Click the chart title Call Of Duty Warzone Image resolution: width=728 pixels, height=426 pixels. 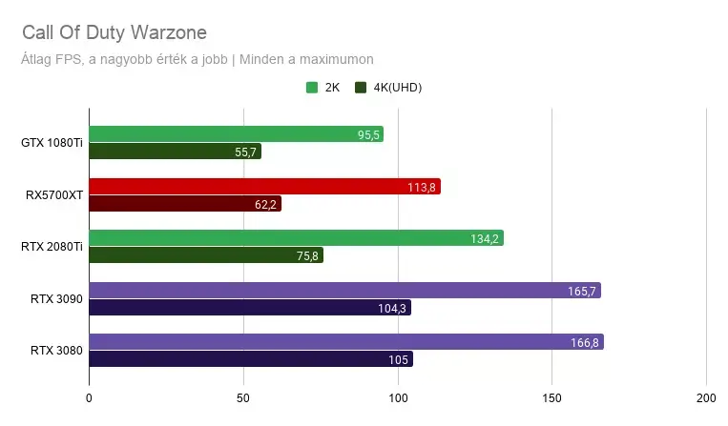[114, 33]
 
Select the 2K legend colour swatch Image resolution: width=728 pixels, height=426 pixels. [312, 87]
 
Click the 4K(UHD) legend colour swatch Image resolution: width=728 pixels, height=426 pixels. [361, 87]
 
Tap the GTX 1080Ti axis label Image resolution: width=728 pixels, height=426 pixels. [52, 143]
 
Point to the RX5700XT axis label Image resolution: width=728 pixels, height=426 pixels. [54, 195]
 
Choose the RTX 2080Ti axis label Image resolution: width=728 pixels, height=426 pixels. [52, 247]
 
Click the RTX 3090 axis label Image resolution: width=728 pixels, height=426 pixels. [56, 299]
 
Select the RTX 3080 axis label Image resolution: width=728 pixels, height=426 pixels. [56, 351]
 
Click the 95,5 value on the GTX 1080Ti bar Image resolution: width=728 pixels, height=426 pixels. [368, 135]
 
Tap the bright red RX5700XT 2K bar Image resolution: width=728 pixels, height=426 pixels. [264, 187]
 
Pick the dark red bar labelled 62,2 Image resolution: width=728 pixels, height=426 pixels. [185, 204]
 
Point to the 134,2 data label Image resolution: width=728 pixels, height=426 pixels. [485, 238]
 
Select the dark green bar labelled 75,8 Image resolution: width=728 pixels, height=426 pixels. [206, 255]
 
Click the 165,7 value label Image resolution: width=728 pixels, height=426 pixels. [582, 291]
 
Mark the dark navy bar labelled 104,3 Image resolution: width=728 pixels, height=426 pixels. [250, 307]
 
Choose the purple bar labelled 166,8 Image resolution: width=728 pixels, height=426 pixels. [346, 341]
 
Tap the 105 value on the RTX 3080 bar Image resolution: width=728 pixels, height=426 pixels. [399, 359]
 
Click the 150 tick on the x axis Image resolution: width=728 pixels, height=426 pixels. [552, 398]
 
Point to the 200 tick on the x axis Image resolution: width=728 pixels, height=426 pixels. [706, 398]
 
